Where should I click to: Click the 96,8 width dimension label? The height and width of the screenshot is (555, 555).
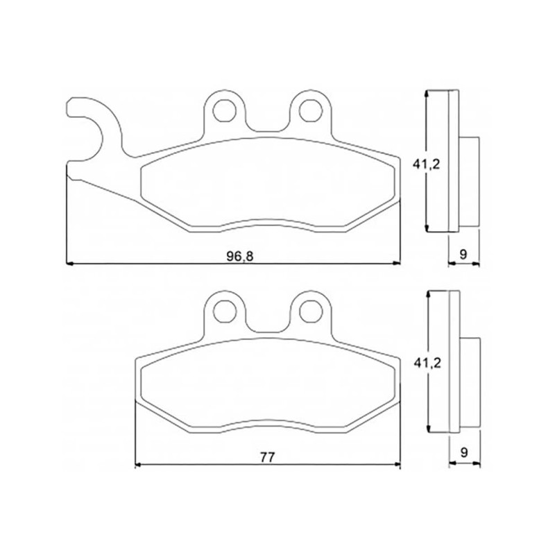[239, 255]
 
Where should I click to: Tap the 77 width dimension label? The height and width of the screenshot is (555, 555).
[267, 457]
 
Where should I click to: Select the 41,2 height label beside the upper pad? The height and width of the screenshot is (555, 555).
[426, 164]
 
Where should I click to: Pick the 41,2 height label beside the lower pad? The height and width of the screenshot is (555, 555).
[427, 363]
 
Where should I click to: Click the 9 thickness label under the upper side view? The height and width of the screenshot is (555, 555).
[463, 254]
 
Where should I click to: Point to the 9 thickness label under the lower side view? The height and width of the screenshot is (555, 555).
[464, 452]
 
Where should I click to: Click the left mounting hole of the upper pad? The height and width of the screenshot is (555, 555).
[224, 110]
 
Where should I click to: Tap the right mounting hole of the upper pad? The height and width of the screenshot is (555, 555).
[310, 110]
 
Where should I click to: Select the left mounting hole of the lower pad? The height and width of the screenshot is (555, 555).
[225, 311]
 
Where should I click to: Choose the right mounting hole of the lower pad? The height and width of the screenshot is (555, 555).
[311, 311]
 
